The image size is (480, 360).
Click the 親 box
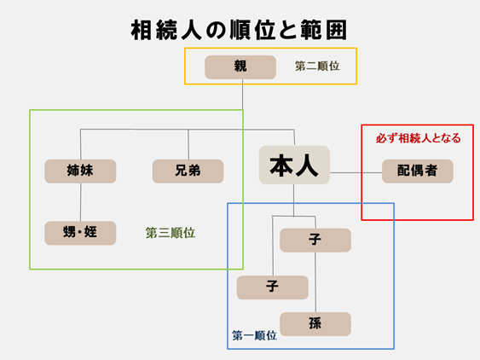(x=240, y=67)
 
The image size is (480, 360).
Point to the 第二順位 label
(x=316, y=66)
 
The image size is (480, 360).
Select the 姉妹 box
(x=80, y=171)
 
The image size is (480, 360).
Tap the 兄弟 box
(x=188, y=171)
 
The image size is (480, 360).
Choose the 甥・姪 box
(x=80, y=233)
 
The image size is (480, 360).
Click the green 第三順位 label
(x=171, y=232)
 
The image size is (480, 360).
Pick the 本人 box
(x=294, y=165)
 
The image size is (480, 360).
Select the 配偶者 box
(x=417, y=171)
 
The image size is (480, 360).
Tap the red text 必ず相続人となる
(x=418, y=137)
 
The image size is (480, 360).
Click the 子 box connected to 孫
(x=315, y=240)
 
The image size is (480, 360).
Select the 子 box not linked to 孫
(x=272, y=287)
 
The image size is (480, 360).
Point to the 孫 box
(x=315, y=324)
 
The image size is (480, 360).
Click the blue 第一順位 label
(x=254, y=336)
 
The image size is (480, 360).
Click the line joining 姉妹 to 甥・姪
(x=80, y=202)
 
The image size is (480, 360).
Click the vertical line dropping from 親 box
(x=243, y=102)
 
